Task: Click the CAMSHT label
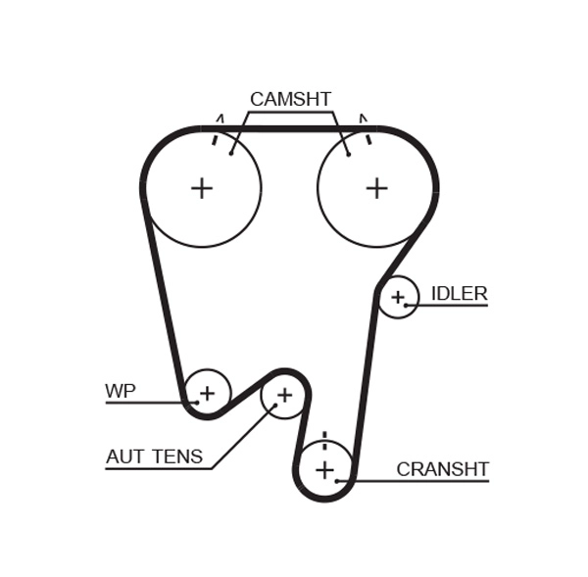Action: click(290, 100)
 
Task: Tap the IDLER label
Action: click(459, 294)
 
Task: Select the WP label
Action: click(121, 392)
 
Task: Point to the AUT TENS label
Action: click(154, 457)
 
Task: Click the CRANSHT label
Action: click(442, 470)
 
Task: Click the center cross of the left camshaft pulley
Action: click(202, 188)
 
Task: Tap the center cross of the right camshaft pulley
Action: click(377, 188)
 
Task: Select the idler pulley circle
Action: click(398, 297)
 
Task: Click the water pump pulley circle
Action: click(207, 394)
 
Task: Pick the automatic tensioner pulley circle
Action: click(284, 395)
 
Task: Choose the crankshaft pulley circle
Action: click(324, 470)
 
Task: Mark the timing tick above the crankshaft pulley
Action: click(324, 438)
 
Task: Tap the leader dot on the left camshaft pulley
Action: click(231, 153)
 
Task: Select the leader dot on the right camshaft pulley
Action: click(348, 154)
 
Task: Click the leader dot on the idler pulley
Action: click(407, 305)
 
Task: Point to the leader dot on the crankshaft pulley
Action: click(337, 481)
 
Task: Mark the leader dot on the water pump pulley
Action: click(196, 402)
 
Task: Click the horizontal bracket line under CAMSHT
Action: click(290, 113)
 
